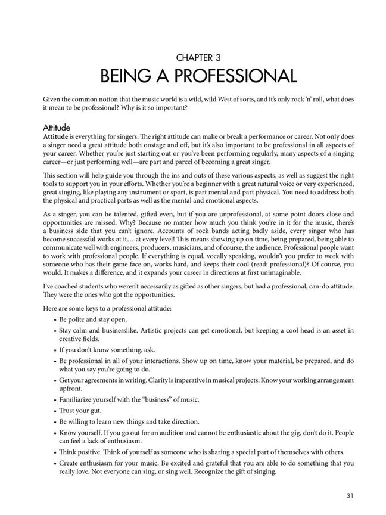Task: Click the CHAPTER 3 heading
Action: coord(193,58)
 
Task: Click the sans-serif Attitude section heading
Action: coord(57,128)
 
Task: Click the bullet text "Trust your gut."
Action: coord(80,411)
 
